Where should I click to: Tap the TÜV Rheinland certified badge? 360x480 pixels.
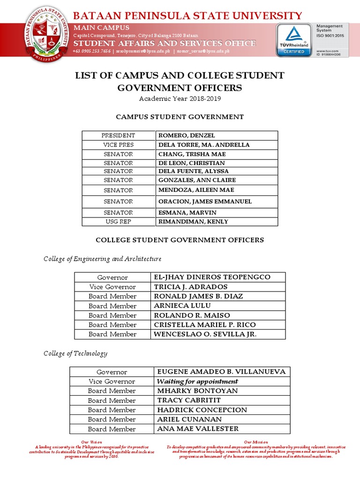[x=293, y=40]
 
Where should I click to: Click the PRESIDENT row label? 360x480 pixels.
[x=118, y=135]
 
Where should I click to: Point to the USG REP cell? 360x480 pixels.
[x=118, y=221]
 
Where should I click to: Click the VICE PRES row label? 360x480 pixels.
[x=118, y=145]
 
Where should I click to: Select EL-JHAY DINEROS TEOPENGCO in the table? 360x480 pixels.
[x=212, y=277]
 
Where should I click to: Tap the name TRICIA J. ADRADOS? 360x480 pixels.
[x=191, y=287]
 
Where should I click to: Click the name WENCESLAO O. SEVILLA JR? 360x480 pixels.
[x=205, y=334]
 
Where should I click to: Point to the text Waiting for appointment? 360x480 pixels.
[x=198, y=382]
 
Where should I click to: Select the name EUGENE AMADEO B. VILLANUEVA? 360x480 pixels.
[x=221, y=372]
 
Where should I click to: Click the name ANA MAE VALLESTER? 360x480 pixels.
[x=198, y=429]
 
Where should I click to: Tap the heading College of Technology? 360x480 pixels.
[x=75, y=353]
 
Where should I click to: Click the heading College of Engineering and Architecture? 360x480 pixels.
[x=103, y=259]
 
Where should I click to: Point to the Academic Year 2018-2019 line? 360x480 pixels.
[x=180, y=99]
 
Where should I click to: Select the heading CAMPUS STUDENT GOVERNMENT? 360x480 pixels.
[x=180, y=117]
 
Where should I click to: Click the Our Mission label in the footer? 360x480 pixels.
[x=256, y=442]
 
